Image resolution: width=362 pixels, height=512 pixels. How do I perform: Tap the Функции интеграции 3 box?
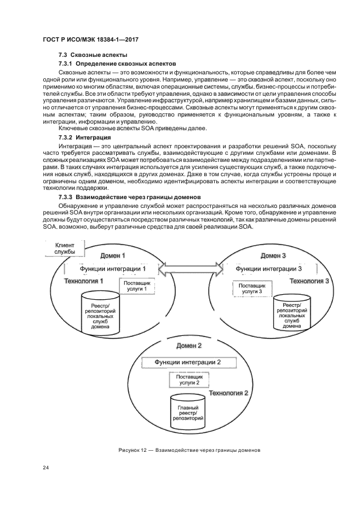click(x=268, y=269)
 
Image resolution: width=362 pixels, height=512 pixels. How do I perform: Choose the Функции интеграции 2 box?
click(x=188, y=363)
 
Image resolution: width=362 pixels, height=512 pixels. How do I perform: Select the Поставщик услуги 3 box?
click(x=249, y=288)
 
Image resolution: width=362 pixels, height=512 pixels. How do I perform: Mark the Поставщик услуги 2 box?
click(x=189, y=380)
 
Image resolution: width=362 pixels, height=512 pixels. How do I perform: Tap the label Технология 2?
click(x=229, y=393)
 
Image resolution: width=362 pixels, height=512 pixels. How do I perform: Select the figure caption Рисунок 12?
click(x=188, y=450)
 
